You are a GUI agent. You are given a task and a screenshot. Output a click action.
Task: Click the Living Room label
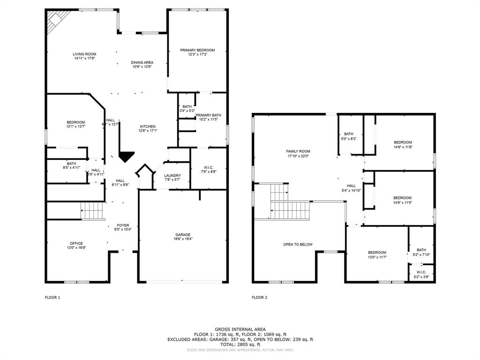coord(84,54)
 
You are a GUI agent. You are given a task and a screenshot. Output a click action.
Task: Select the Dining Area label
coord(142,62)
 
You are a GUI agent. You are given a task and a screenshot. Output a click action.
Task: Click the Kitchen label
coord(148,127)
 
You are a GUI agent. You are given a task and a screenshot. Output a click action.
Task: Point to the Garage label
coord(183,235)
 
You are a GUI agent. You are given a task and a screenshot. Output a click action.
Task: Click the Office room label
coord(76,243)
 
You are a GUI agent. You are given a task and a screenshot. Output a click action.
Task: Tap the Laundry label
coord(172,175)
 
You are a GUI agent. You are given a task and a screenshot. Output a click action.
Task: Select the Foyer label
coord(123,225)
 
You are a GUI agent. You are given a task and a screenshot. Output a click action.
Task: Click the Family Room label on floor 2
coord(298,151)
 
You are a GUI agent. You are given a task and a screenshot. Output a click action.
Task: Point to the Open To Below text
coord(298,244)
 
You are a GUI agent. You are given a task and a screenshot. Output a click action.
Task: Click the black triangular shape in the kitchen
coord(126,157)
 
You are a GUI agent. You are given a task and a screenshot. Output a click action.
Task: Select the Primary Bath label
coord(208,115)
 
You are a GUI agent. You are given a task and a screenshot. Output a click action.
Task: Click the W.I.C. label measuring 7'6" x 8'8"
coord(209,167)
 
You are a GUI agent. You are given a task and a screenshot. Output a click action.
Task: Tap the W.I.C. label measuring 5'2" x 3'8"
coord(421,271)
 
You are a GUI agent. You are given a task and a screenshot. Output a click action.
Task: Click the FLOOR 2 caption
coord(259,297)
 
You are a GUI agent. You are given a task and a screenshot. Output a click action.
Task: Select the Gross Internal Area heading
coord(240,329)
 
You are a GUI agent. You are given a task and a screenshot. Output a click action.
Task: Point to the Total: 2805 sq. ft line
coord(240,344)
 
